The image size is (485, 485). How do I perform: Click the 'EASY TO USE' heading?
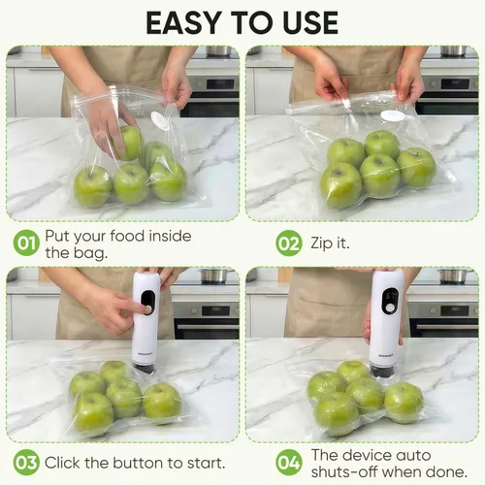pos(242,21)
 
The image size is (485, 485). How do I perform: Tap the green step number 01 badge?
pos(26,243)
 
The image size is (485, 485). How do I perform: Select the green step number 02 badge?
pos(288,243)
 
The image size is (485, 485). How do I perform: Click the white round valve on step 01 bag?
pos(159,120)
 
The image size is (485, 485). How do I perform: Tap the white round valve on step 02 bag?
pos(392,115)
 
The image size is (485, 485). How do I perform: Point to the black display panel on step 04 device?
pos(388,301)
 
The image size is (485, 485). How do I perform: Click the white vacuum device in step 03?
pos(146,320)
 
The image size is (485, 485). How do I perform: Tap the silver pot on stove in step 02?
pos(452,50)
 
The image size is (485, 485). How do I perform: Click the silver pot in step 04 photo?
pos(452,276)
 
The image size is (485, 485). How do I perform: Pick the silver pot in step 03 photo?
pos(213,276)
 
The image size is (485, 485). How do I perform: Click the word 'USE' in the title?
pos(300,21)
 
